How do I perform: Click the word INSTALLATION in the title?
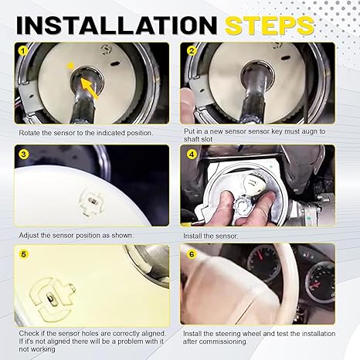(117, 25)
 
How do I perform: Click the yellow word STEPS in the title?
(270, 25)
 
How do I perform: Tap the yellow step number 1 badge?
(23, 51)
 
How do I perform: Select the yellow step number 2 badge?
(192, 51)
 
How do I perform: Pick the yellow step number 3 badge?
(23, 155)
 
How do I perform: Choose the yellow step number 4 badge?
(192, 155)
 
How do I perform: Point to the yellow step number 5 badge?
(23, 254)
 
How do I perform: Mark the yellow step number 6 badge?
(192, 254)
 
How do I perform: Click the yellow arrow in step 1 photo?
(89, 88)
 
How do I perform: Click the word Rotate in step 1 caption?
(29, 133)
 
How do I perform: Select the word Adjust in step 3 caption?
(29, 236)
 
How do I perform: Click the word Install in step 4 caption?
(192, 236)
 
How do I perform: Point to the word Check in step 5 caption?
(29, 334)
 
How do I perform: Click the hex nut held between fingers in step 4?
(243, 205)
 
